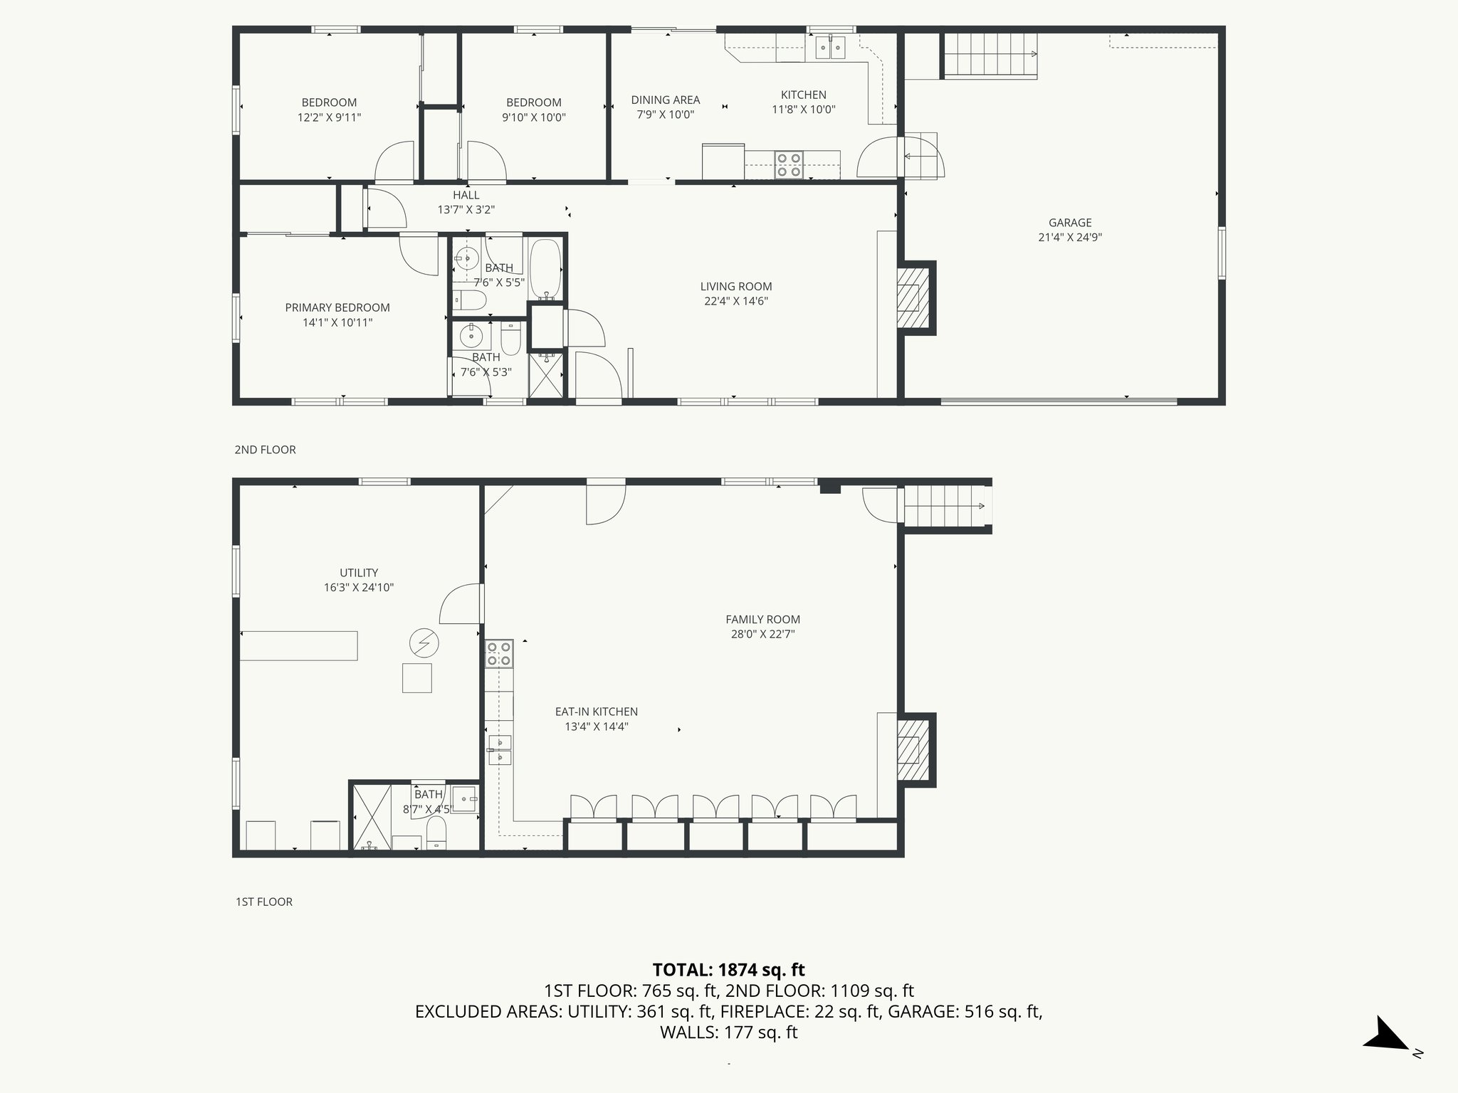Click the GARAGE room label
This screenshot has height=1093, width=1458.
pos(1069,223)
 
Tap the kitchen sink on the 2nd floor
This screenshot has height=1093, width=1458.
pos(830,48)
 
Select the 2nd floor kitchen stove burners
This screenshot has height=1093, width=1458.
pos(789,164)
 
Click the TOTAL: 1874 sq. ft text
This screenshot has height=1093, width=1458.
pos(728,969)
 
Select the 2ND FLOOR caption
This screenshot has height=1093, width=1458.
pos(265,450)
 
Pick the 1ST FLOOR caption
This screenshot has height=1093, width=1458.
pos(263,902)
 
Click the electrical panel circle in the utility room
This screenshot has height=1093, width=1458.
pos(424,644)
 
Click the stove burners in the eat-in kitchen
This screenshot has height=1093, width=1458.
pos(498,653)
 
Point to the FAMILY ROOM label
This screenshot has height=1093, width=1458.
pos(762,619)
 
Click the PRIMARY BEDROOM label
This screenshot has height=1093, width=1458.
pos(337,307)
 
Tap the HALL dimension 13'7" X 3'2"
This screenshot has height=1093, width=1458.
pos(466,210)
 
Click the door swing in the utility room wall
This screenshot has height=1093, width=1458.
pos(459,605)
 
